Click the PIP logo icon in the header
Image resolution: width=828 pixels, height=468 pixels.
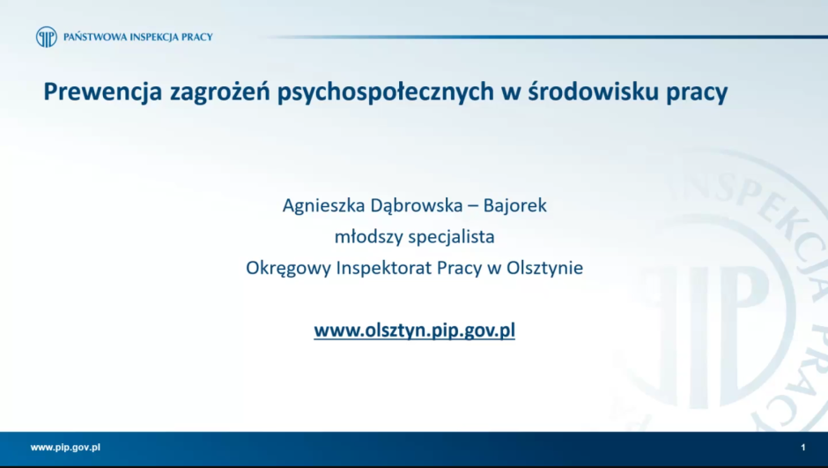point(46,37)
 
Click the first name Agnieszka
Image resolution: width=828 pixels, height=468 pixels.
point(322,205)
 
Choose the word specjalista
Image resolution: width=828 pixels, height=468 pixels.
point(451,236)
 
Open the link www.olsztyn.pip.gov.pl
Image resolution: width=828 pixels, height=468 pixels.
point(414,331)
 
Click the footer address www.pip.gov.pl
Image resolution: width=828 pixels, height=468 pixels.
point(65,447)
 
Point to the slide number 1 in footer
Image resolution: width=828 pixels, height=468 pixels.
point(803,448)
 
